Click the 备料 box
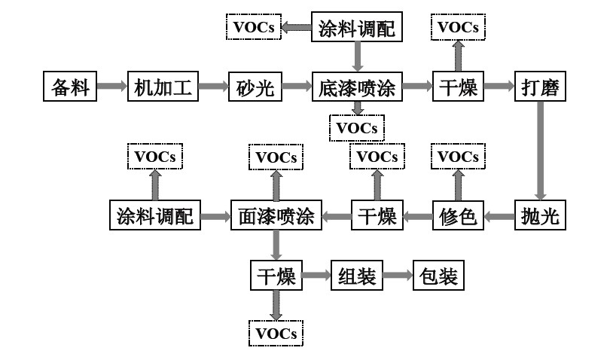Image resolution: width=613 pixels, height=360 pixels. tap(71, 87)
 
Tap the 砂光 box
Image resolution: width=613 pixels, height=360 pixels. tap(255, 87)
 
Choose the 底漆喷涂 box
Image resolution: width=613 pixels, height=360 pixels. tap(358, 87)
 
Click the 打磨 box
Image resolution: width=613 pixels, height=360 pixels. tap(540, 87)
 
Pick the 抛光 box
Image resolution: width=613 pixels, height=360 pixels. tap(540, 217)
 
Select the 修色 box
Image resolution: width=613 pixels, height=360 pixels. tap(458, 217)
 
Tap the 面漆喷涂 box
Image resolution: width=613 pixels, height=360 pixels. tap(276, 217)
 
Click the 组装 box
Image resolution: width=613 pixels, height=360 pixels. tap(357, 276)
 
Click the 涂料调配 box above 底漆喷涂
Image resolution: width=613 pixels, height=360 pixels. tap(357, 29)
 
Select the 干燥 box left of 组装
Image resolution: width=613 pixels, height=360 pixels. tap(276, 276)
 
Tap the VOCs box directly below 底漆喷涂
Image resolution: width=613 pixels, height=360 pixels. tap(357, 127)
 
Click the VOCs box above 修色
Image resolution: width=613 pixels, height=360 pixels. tap(458, 157)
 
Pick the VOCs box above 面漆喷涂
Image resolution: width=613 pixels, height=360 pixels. tap(276, 157)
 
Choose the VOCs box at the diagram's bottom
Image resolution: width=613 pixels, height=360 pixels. tap(276, 332)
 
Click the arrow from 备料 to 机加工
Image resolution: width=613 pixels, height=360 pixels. tap(111, 87)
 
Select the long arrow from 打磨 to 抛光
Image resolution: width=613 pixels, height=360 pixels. tap(540, 151)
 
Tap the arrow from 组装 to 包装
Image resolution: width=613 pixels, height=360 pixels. tap(397, 276)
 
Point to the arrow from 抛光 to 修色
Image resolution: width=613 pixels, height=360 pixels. tap(499, 217)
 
